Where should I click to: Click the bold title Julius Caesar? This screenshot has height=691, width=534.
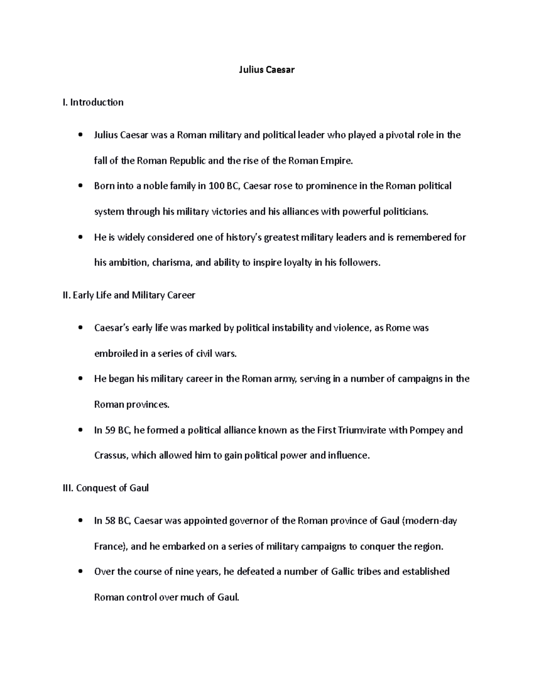[267, 70]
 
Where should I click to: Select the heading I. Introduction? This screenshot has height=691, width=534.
[93, 102]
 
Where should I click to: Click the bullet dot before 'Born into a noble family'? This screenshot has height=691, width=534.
[80, 187]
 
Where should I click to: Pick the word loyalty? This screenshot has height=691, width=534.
[295, 263]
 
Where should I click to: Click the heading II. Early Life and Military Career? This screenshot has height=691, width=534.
[129, 295]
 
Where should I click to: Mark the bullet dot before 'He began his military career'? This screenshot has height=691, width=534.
[80, 380]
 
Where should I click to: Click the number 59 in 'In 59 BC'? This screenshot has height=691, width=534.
[110, 431]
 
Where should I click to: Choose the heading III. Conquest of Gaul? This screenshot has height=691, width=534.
[106, 488]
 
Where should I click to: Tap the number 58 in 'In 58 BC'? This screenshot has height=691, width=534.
[110, 521]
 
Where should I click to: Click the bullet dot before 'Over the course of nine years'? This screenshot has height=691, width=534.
[80, 572]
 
